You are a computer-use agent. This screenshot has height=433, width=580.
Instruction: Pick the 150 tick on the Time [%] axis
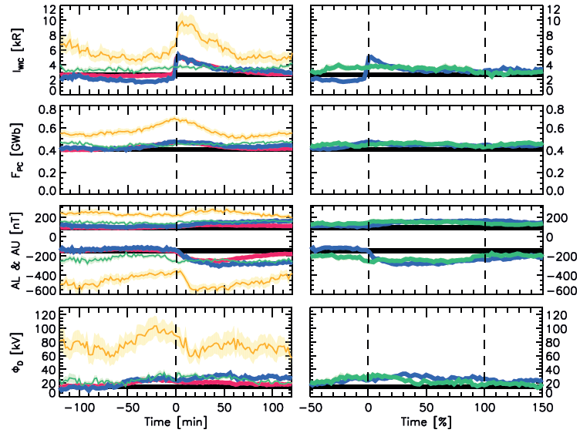pyautogui.click(x=541, y=405)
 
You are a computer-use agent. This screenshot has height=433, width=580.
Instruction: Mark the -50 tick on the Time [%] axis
pyautogui.click(x=310, y=405)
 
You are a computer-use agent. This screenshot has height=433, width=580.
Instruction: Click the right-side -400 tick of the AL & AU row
pyautogui.click(x=561, y=274)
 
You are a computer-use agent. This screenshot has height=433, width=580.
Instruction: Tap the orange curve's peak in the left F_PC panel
pyautogui.click(x=174, y=118)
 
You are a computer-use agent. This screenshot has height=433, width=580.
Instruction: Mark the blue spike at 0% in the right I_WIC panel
pyautogui.click(x=370, y=55)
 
